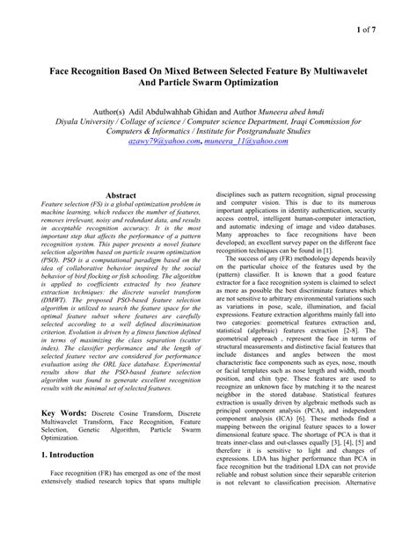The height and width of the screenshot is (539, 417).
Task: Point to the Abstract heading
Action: [121, 195]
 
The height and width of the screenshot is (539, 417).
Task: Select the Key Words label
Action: [68, 412]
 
